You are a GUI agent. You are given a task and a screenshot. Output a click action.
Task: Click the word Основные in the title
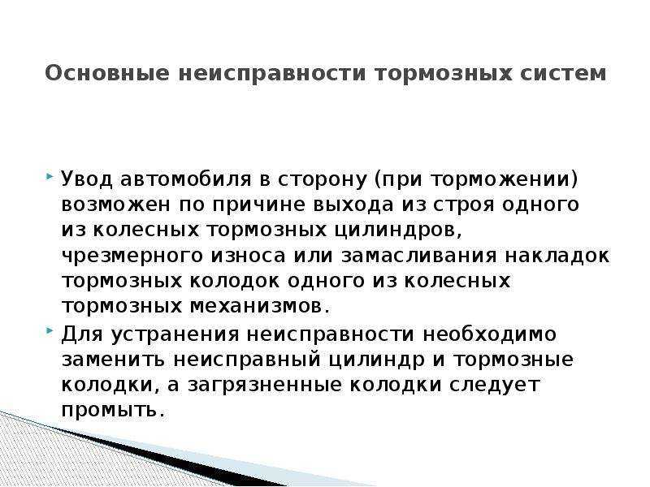[107, 73]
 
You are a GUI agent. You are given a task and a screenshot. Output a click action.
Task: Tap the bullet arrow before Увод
[50, 176]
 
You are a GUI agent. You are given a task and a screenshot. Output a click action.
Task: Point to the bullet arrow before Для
[50, 331]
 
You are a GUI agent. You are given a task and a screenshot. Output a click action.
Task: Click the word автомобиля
[186, 179]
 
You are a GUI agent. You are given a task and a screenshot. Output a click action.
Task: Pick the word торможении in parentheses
[498, 179]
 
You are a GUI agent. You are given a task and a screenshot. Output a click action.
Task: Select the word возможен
[115, 205]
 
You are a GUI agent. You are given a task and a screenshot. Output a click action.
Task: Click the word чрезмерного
[132, 256]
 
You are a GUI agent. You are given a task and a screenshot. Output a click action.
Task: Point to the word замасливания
[418, 256]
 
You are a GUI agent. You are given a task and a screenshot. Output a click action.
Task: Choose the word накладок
[557, 256]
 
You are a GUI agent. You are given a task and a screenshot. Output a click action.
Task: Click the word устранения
[175, 334]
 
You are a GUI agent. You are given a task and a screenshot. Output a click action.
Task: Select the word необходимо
[490, 334]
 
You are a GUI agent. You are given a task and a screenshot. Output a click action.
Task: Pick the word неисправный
[247, 360]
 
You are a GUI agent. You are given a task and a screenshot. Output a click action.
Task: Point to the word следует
[495, 386]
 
